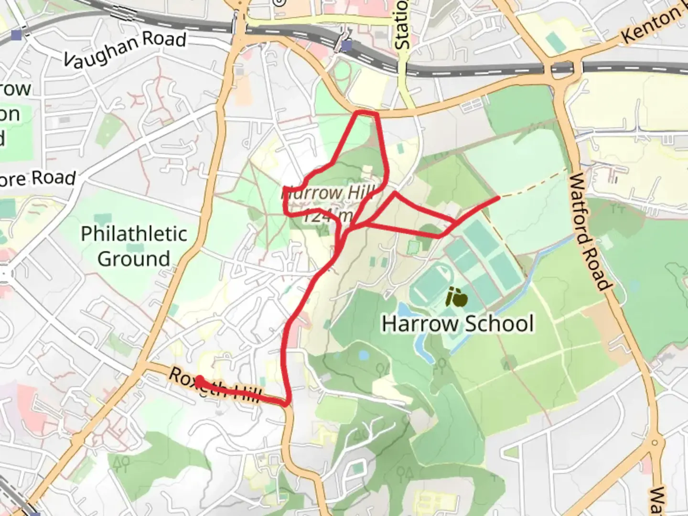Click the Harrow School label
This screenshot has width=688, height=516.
pos(457,323)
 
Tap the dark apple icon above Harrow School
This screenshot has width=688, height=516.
pos(456,298)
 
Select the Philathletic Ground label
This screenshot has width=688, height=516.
pos(134,246)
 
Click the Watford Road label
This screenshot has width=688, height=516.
pos(590,232)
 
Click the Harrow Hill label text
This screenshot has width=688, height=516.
pos(327,193)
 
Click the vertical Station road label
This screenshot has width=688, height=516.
pos(402,24)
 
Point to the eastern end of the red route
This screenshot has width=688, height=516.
pos(498,197)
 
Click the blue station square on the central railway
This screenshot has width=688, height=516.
pos(347,45)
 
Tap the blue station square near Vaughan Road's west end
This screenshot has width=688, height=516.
pos(17,35)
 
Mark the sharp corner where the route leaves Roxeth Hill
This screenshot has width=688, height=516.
pos(287,404)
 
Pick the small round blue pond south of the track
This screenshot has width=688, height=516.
pos(363,355)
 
